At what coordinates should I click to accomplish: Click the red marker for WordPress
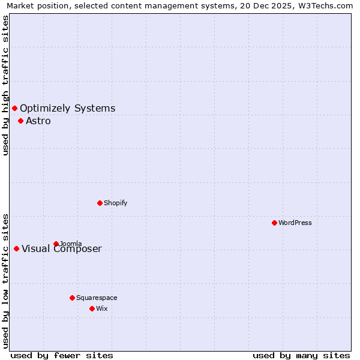coord(274,223)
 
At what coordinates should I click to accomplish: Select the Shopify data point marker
coord(100,203)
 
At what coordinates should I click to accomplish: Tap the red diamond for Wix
coord(92,308)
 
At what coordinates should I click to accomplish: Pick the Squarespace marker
coord(72,298)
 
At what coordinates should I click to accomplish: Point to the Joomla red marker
coord(56,244)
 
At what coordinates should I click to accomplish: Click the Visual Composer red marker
coord(16,248)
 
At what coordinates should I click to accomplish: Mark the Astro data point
coord(20,121)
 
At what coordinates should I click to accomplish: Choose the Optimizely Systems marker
coord(14,108)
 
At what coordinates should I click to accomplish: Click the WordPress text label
coord(295,223)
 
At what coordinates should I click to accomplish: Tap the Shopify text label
coord(116,203)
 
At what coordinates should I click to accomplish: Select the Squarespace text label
coord(97,298)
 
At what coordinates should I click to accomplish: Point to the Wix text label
coord(102,308)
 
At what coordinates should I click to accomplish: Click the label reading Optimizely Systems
coord(68,108)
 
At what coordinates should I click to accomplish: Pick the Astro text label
coord(38,121)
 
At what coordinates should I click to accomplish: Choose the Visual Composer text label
coord(62,249)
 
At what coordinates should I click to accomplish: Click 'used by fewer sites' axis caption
coord(62,355)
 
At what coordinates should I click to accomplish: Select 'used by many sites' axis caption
coord(301,355)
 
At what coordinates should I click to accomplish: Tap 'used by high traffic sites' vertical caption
coord(5,85)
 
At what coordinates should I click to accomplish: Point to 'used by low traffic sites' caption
coord(5,280)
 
